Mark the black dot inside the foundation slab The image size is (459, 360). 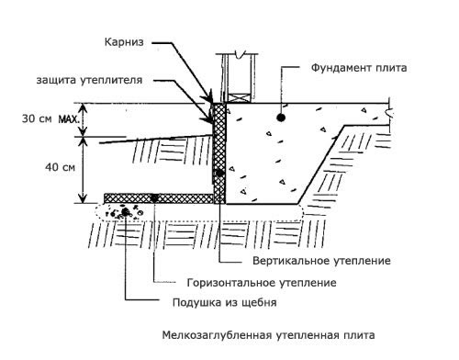pyautogui.click(x=282, y=118)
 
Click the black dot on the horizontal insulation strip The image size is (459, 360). pyautogui.click(x=155, y=197)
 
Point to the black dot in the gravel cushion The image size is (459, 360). pyautogui.click(x=126, y=212)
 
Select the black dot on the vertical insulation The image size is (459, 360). pyautogui.click(x=218, y=173)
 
